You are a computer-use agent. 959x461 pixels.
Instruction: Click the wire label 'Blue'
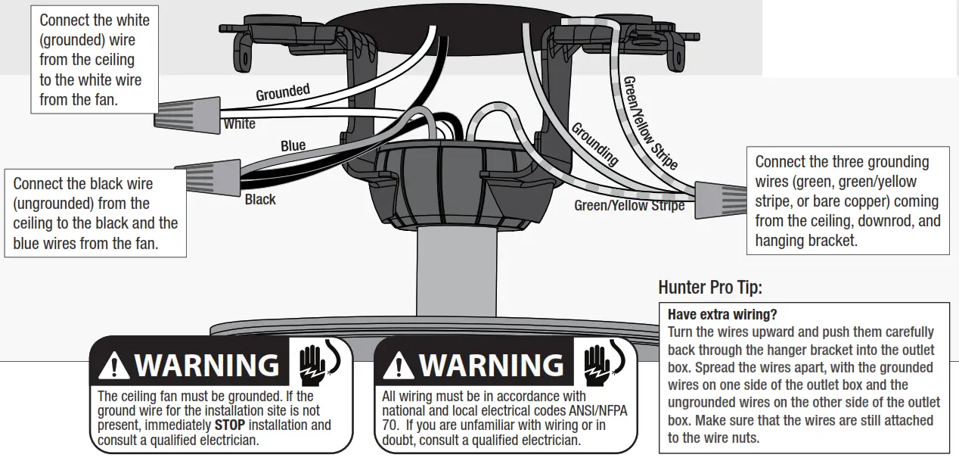click(293, 145)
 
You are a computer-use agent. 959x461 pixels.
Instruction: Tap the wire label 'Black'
click(260, 199)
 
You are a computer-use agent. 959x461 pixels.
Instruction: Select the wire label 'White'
click(240, 123)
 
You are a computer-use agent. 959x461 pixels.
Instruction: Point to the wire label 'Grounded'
click(283, 92)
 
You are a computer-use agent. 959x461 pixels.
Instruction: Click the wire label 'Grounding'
click(594, 144)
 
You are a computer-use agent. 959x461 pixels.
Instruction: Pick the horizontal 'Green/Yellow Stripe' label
click(629, 205)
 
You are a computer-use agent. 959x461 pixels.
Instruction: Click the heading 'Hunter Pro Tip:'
click(710, 288)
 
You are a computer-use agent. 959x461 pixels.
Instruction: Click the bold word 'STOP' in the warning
click(229, 425)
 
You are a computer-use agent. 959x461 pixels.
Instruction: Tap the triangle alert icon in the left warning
click(114, 366)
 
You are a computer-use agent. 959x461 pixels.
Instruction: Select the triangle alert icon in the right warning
click(399, 366)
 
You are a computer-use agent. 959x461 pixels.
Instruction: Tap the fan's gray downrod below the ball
click(453, 273)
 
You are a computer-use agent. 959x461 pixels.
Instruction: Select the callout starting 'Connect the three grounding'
click(846, 201)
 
